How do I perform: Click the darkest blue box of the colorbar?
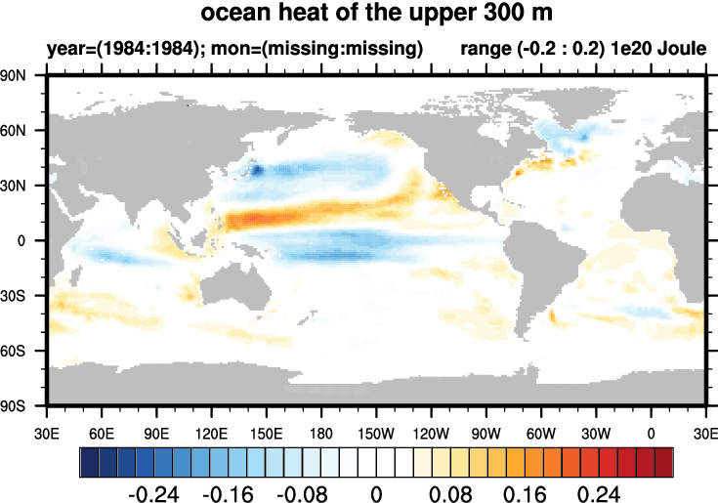tap(89, 459)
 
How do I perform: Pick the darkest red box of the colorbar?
tap(664, 459)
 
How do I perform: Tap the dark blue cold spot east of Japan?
tap(257, 170)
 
